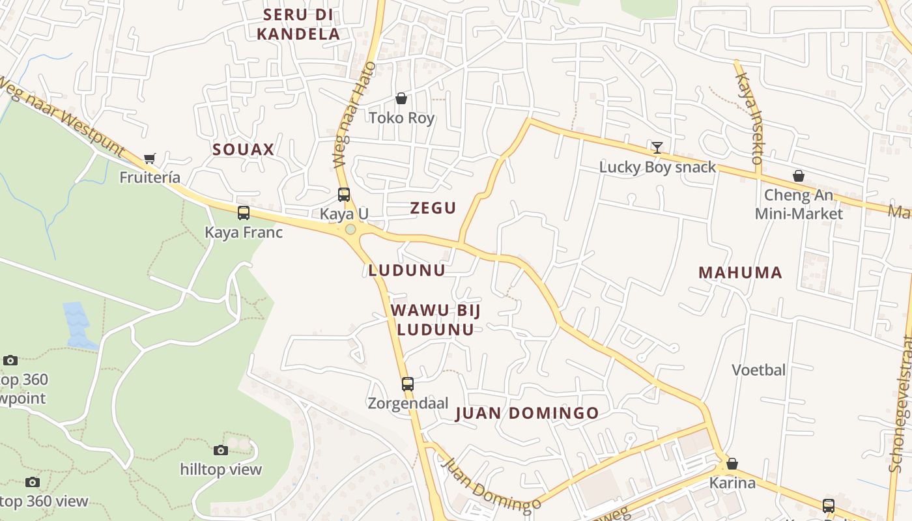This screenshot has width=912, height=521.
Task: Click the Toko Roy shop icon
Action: pyautogui.click(x=401, y=98)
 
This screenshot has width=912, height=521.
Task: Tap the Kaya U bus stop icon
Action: pyautogui.click(x=344, y=194)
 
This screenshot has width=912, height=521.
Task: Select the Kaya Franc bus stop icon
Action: pyautogui.click(x=244, y=212)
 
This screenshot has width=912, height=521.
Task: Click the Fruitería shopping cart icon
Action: pyautogui.click(x=150, y=158)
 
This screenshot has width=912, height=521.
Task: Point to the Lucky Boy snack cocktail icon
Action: pyautogui.click(x=657, y=148)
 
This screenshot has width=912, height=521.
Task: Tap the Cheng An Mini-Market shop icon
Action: pyautogui.click(x=798, y=176)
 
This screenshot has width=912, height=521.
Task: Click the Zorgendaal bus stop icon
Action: pyautogui.click(x=408, y=384)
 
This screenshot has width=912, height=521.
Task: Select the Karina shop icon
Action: pyautogui.click(x=732, y=464)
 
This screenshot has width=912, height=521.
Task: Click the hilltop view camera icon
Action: pyautogui.click(x=221, y=450)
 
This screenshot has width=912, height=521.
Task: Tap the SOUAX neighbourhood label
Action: pyautogui.click(x=243, y=149)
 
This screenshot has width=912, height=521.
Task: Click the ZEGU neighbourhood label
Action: pyautogui.click(x=433, y=208)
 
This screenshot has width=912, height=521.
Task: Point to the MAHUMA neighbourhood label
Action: pyautogui.click(x=740, y=272)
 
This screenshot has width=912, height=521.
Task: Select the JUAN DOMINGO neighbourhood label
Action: pyautogui.click(x=527, y=413)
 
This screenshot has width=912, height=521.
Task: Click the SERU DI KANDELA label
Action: pyautogui.click(x=298, y=24)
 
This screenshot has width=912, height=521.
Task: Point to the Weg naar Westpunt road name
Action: pyautogui.click(x=62, y=117)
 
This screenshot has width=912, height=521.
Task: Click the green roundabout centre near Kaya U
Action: pyautogui.click(x=350, y=229)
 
